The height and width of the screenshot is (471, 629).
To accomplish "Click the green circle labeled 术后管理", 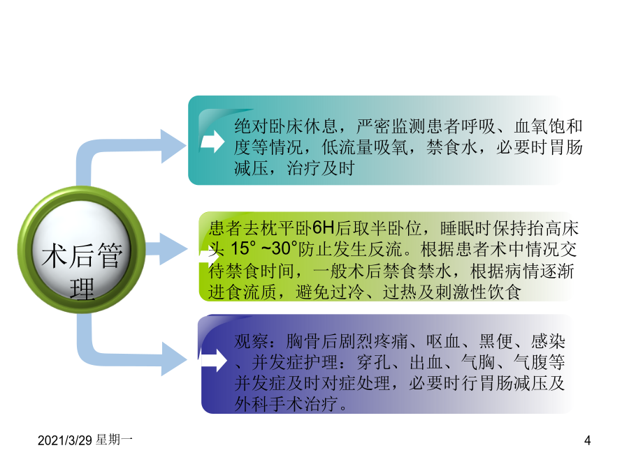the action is (82, 250).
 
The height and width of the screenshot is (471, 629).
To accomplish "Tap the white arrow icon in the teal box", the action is (212, 141).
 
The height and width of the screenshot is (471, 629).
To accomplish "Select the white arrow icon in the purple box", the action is (215, 360).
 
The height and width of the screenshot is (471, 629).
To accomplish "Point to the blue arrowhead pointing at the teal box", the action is (174, 147).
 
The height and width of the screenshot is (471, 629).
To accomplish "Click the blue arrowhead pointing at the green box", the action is (173, 249).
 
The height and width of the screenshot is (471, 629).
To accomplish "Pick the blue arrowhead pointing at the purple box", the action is (174, 359).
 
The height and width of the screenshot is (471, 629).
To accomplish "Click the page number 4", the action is (587, 440).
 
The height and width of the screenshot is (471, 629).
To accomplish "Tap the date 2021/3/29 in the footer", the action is (65, 440).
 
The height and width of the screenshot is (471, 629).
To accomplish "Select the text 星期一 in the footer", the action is (115, 440).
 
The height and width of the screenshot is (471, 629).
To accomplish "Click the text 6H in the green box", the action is (324, 228).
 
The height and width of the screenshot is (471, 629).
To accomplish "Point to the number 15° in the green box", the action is (243, 248).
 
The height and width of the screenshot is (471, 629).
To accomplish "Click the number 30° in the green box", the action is (285, 248).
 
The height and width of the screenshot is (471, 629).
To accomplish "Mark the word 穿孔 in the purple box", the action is (374, 362).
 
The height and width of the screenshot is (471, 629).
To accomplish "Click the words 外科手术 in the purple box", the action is (269, 404).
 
